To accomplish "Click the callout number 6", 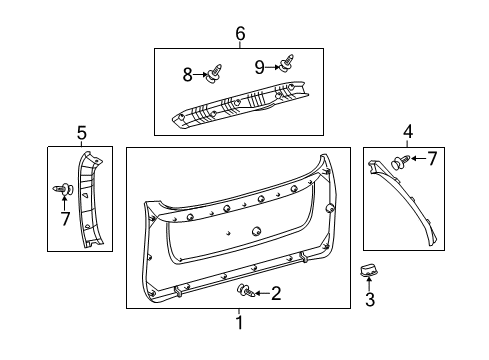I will click(x=240, y=34).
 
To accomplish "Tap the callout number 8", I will click(x=187, y=73).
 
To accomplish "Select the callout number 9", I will click(x=259, y=69).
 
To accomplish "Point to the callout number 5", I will click(x=82, y=131).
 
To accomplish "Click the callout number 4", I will click(x=407, y=131).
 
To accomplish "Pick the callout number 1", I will click(x=239, y=322).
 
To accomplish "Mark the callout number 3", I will click(x=369, y=299).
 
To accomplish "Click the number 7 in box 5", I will click(x=65, y=218).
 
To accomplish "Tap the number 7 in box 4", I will click(x=432, y=159).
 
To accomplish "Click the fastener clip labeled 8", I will click(x=213, y=73).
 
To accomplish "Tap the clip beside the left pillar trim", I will click(x=65, y=188).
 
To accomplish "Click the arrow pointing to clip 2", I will click(x=260, y=293).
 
